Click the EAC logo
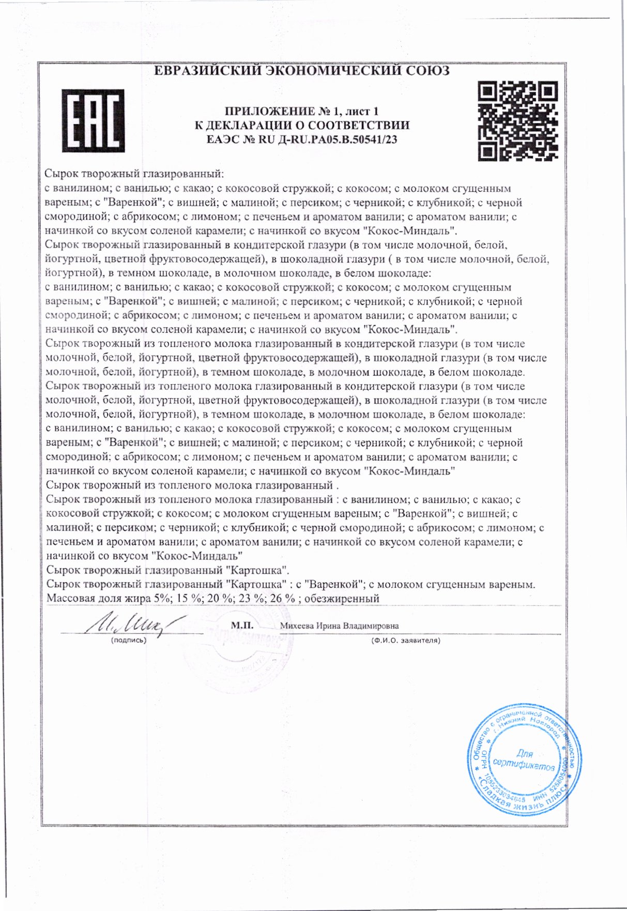[x=93, y=120]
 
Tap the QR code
[x=518, y=120]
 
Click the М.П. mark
[x=242, y=625]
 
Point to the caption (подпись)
[x=129, y=640]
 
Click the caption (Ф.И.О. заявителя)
[x=405, y=640]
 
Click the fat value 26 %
[x=282, y=599]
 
